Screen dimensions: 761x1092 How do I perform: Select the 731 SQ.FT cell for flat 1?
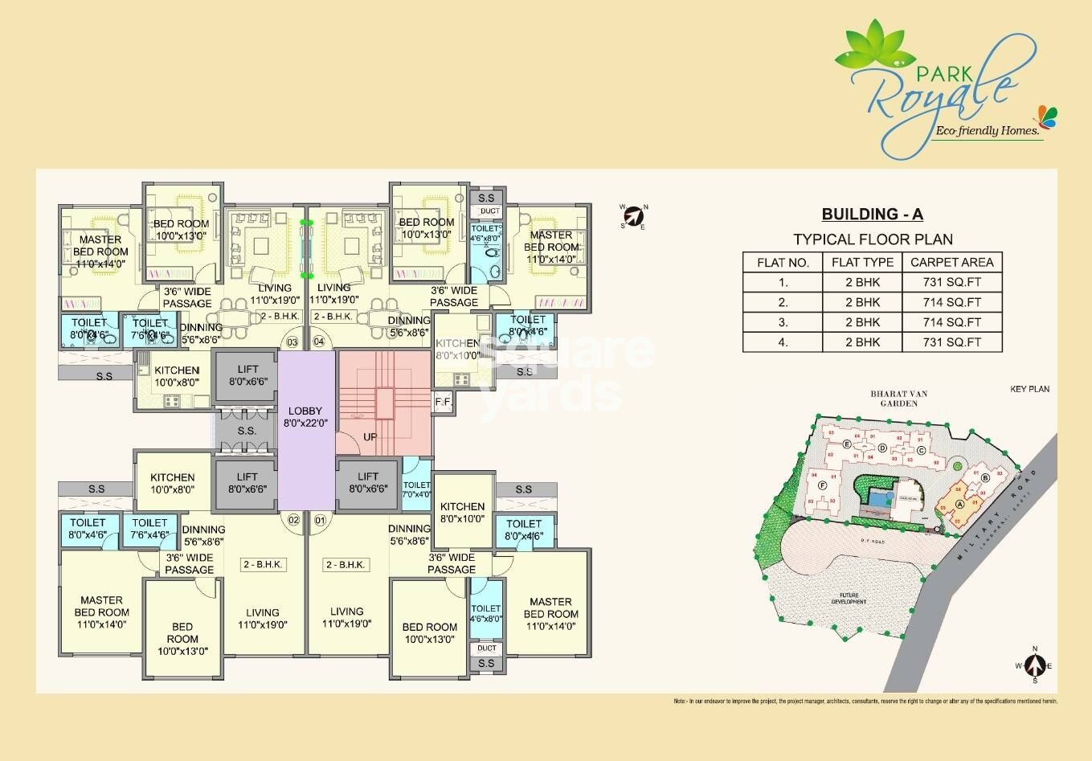(952, 282)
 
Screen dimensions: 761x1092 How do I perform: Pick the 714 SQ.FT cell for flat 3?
(952, 321)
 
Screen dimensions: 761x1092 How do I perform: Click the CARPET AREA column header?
(952, 262)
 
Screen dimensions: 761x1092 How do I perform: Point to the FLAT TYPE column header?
(862, 262)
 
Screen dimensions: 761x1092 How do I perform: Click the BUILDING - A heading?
(872, 214)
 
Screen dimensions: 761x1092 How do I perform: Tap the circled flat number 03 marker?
(292, 342)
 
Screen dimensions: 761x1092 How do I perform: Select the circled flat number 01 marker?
(321, 520)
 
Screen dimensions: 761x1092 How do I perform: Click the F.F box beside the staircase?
(443, 401)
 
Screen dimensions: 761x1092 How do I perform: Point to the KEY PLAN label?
(1029, 389)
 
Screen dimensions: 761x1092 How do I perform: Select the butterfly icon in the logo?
(1045, 116)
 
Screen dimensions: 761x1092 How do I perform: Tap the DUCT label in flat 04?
(489, 211)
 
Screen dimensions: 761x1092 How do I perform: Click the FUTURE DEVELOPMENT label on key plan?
(849, 598)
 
